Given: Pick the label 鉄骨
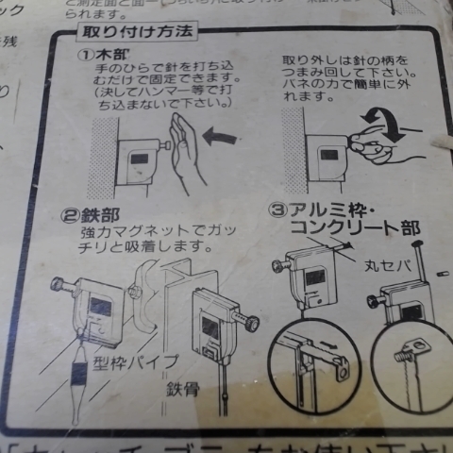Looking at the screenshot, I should coord(183,389).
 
